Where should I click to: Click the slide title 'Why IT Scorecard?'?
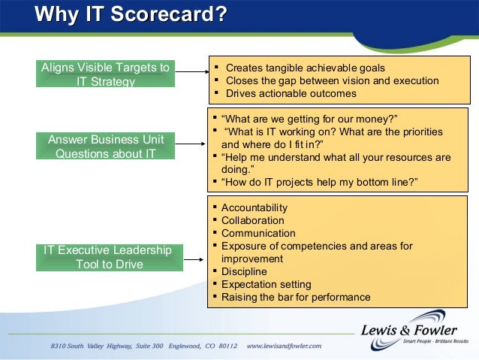pyautogui.click(x=131, y=14)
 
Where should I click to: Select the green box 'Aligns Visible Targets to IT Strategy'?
pyautogui.click(x=105, y=74)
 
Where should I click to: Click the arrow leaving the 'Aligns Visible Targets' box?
pyautogui.click(x=191, y=73)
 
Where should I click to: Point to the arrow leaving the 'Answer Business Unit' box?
pyautogui.click(x=191, y=146)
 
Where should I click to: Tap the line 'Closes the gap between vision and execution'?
pyautogui.click(x=332, y=81)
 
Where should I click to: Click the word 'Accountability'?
pyautogui.click(x=254, y=207)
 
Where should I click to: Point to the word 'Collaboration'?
pyautogui.click(x=252, y=220)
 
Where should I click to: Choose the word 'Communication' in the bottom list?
pyautogui.click(x=258, y=233)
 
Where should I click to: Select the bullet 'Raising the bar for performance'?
pyautogui.click(x=296, y=297)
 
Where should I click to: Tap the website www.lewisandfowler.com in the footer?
pyautogui.click(x=283, y=346)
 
